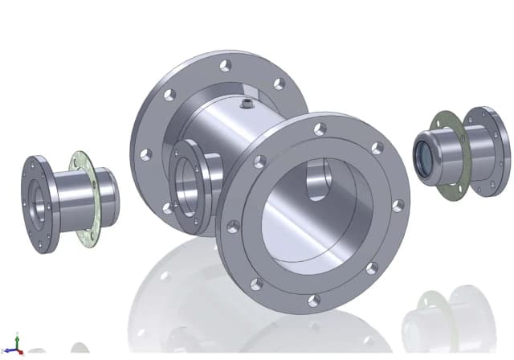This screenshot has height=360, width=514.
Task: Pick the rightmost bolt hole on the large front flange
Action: pos(398,206)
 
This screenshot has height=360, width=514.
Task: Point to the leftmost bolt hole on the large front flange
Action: pos(233,227)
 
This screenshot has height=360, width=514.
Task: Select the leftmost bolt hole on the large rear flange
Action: pos(145,153)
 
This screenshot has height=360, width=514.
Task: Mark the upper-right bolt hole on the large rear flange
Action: pos(279,84)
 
